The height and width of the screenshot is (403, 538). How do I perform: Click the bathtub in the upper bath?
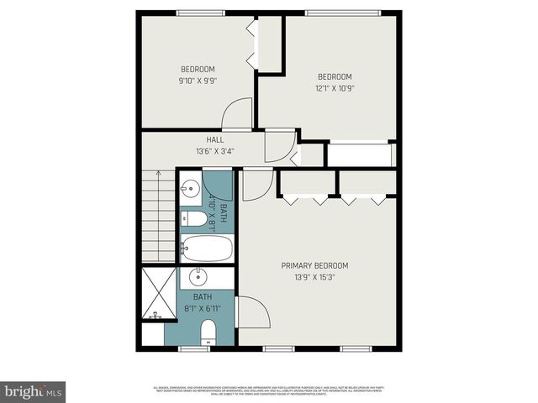coord(207,249)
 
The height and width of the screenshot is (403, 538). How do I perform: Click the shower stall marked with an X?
coord(158,293)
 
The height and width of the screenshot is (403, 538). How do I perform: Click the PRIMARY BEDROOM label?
coord(314,265)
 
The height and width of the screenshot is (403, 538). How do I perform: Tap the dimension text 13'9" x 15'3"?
coord(314,277)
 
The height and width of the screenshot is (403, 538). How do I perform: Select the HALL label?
coord(214,139)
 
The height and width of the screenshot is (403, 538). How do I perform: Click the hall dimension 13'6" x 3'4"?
coord(214,151)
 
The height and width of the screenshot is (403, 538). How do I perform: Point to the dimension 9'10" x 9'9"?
coord(198,81)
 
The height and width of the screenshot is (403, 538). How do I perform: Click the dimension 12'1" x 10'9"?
coord(335,86)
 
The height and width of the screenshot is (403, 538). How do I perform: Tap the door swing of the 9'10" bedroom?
coord(239,113)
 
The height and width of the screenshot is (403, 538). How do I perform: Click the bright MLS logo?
coord(34,391)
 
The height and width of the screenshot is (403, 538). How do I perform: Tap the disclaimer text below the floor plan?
coord(269,389)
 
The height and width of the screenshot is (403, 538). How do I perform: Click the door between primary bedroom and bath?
coord(251,312)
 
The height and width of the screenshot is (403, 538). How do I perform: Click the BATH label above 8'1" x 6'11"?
coord(203,297)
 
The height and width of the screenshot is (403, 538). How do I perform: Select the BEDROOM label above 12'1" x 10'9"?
coord(335,75)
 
